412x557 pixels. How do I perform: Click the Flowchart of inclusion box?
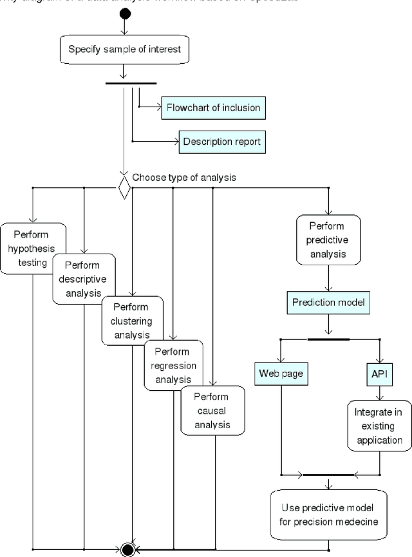coord(213,107)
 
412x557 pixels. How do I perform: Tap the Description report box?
coord(222,141)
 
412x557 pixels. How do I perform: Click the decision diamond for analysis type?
coord(124,188)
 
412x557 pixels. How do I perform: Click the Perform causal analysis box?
coord(213,410)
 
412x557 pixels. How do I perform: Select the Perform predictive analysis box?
coord(328,240)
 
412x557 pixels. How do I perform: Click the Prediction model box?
coord(328,301)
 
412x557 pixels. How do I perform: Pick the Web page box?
coord(281,373)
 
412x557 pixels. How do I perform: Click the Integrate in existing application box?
coord(379,426)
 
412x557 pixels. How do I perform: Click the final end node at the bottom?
coord(127,549)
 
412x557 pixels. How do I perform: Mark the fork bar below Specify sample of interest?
coord(131,82)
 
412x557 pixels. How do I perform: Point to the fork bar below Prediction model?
coord(328,339)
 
